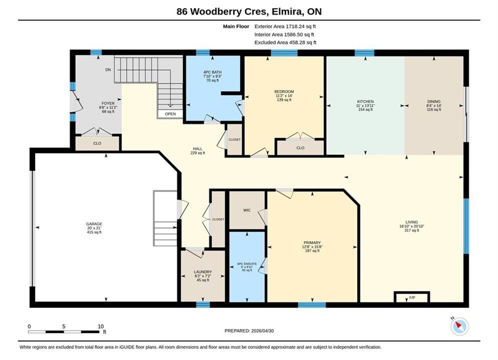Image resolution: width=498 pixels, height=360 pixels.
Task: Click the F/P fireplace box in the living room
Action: click(412, 297)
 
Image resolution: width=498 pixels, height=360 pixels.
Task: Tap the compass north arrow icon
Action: click(459, 326)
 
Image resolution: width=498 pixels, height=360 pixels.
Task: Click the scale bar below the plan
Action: click(64, 332)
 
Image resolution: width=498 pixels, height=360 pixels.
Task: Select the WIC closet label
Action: click(247, 210)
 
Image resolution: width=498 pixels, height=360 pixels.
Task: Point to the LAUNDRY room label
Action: click(203, 272)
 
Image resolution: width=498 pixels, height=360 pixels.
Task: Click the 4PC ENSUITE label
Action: click(247, 263)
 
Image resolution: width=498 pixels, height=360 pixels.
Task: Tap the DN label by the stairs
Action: click(108, 70)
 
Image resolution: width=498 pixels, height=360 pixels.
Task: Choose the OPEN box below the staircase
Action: click(170, 114)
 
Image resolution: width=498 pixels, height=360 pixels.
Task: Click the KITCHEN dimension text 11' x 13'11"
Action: click(365, 105)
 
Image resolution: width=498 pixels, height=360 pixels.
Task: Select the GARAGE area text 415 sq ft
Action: click(94, 232)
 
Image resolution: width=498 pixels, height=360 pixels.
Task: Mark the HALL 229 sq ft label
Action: click(198, 150)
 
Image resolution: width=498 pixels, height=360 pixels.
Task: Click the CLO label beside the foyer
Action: click(97, 143)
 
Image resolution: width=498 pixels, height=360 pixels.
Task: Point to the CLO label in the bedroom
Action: click(300, 148)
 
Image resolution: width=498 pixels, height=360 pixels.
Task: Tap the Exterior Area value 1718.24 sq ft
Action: click(301, 26)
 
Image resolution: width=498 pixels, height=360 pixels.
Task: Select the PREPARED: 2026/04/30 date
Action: click(249, 331)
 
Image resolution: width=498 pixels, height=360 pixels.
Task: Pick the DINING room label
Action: click(434, 101)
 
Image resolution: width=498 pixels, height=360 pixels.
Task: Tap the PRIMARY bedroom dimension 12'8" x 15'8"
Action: click(312, 247)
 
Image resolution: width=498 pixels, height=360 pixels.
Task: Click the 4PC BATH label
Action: click(213, 72)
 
